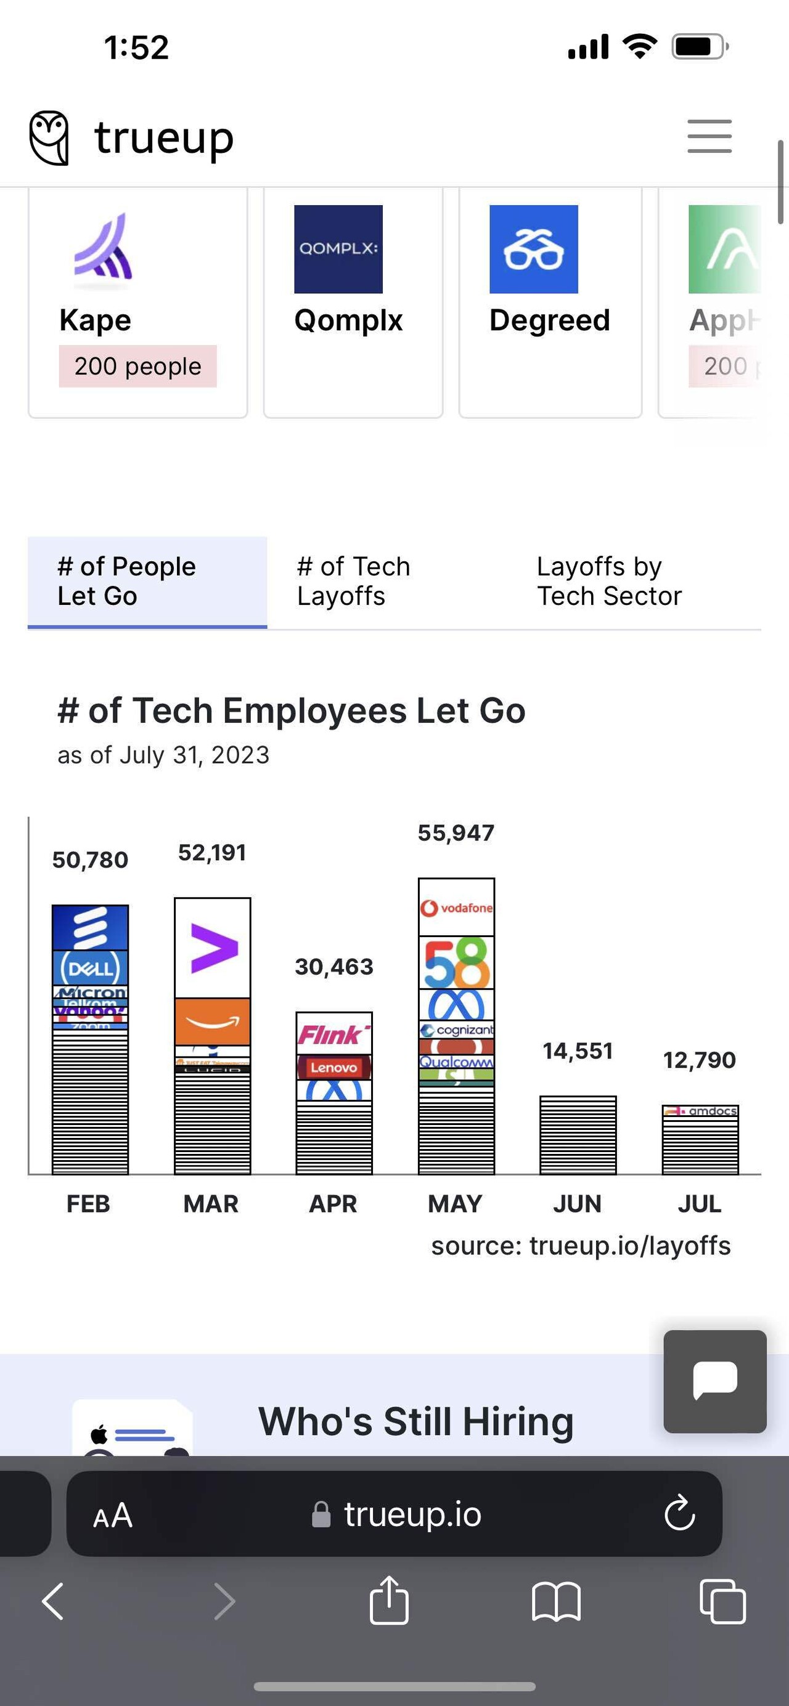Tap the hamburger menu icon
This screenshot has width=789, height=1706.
tap(709, 136)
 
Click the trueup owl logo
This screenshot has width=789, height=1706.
tap(49, 137)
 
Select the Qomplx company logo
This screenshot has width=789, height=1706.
tap(338, 249)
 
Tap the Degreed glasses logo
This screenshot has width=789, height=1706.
tap(533, 249)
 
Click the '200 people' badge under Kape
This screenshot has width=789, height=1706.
tap(137, 366)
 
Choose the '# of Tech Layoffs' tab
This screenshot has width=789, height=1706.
tap(354, 581)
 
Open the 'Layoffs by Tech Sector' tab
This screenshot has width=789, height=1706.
tap(608, 581)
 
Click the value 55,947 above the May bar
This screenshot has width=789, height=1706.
tap(456, 832)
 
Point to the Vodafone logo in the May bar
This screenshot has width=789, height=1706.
tap(456, 908)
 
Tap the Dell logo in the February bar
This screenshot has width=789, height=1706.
tap(90, 969)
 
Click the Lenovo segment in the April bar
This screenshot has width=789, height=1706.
tap(334, 1067)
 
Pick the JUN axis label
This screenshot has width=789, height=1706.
tap(577, 1203)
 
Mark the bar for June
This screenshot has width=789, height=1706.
tap(578, 1135)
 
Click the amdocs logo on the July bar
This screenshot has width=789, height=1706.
tap(701, 1111)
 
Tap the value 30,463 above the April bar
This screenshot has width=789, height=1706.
tap(334, 967)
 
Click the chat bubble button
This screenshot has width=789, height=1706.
tap(715, 1381)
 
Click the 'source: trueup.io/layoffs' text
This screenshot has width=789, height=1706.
tap(580, 1246)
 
